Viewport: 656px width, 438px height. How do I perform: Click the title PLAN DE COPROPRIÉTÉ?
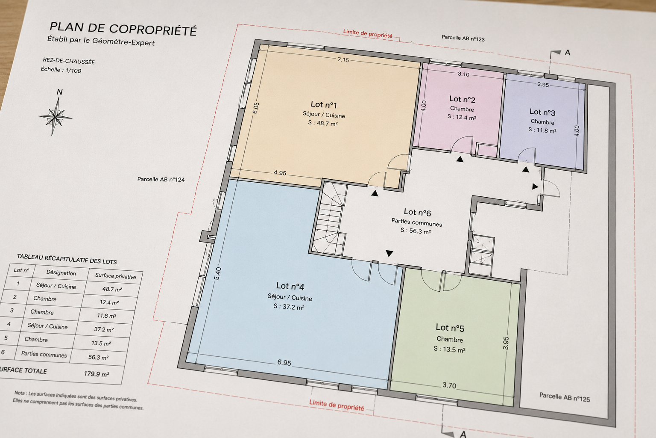coord(123,29)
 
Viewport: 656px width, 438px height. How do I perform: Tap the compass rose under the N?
coord(56,117)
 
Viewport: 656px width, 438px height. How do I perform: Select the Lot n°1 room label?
coord(324,104)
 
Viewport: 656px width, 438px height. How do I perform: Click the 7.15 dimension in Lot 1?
coord(343,60)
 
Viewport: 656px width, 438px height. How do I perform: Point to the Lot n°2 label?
coord(463,99)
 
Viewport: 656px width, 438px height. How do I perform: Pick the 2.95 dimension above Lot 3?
coord(543,85)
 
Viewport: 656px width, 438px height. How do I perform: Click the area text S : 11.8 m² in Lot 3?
coord(542,130)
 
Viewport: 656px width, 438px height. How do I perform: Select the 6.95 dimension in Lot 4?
coord(284,363)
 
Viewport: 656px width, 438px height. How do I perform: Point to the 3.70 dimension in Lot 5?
coord(449,385)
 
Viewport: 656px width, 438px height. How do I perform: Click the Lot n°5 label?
coord(450,327)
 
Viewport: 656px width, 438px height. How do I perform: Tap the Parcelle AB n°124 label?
coord(161,179)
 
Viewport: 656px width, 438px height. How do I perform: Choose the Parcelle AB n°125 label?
coord(565,397)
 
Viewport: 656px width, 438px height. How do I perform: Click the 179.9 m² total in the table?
coord(97,374)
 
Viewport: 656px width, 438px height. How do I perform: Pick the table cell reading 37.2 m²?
coord(104,329)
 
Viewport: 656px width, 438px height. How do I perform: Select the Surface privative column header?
coord(116,276)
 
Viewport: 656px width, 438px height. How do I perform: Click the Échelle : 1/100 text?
coord(61,70)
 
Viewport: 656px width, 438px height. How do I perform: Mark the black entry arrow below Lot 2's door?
coord(460,159)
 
